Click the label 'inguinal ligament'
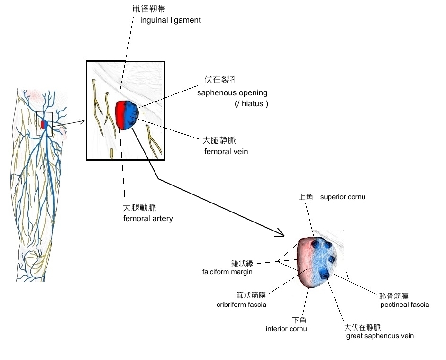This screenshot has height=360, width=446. pyautogui.click(x=171, y=20)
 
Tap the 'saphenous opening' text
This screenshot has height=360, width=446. pyautogui.click(x=232, y=92)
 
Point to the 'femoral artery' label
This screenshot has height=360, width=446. pyautogui.click(x=148, y=219)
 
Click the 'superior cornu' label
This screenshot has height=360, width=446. pyautogui.click(x=343, y=197)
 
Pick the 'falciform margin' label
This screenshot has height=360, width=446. pyautogui.click(x=227, y=272)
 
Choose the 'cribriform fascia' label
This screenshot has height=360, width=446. pyautogui.click(x=241, y=305)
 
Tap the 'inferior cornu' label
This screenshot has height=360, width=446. pyautogui.click(x=286, y=329)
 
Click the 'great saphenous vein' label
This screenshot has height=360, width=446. pyautogui.click(x=380, y=336)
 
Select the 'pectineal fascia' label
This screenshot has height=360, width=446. pyautogui.click(x=404, y=305)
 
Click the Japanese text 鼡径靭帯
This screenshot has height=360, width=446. pyautogui.click(x=149, y=9)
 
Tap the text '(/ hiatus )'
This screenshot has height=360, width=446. pyautogui.click(x=251, y=104)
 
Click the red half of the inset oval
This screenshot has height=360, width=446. pyautogui.click(x=122, y=115)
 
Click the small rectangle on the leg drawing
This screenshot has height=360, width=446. pyautogui.click(x=45, y=124)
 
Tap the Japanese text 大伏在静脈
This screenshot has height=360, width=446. pyautogui.click(x=363, y=327)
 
